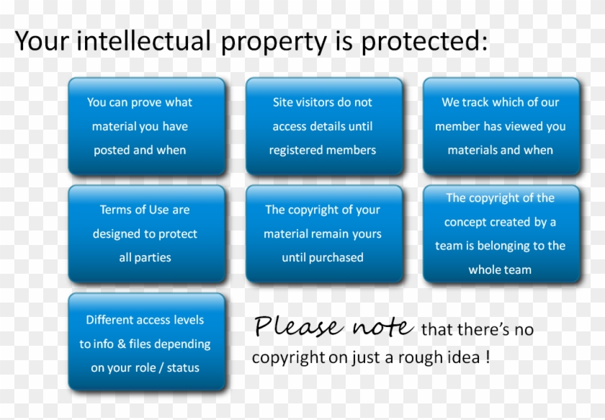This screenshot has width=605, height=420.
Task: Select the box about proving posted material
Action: coord(146,126)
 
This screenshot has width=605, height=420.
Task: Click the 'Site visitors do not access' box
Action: coord(323,126)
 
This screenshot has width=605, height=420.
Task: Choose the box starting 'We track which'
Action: coord(501,126)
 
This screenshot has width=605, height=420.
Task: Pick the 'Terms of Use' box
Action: coord(146,233)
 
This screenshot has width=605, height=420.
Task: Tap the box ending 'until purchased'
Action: coord(323,233)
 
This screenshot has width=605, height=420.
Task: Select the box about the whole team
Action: coord(501,233)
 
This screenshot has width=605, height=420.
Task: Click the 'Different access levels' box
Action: coord(146,343)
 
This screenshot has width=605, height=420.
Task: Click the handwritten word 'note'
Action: coord(382,328)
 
